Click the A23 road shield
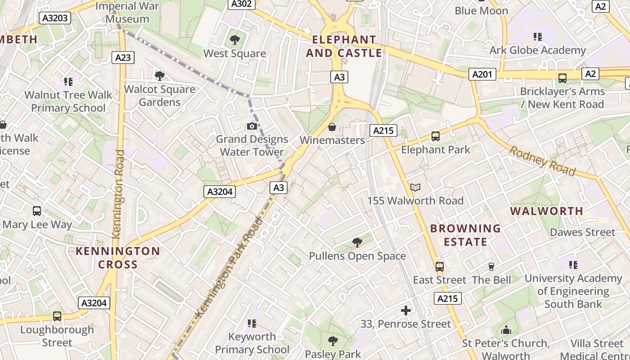click(123, 57)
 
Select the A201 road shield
click(482, 74)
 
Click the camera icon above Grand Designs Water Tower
click(252, 126)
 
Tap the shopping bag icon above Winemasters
click(332, 127)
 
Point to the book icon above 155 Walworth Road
click(415, 187)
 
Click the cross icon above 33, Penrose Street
click(406, 310)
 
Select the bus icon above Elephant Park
click(435, 136)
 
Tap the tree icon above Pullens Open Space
click(357, 243)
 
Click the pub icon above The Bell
click(491, 267)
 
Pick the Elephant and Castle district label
click(344, 46)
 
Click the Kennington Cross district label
click(118, 257)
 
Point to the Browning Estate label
click(465, 235)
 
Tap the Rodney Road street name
click(542, 161)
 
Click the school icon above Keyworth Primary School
click(252, 323)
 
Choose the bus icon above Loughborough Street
click(57, 316)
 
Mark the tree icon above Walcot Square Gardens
click(159, 76)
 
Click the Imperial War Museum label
click(127, 13)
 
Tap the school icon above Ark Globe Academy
click(537, 37)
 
